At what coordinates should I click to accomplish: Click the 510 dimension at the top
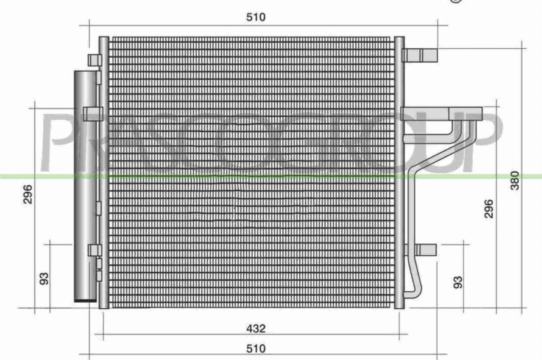(x=255, y=17)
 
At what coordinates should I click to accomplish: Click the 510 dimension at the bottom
(x=255, y=348)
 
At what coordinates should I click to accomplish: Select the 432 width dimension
(x=255, y=329)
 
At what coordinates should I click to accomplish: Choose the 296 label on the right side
(x=489, y=208)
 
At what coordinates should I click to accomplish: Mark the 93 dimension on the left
(x=43, y=279)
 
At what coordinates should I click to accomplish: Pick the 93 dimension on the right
(x=458, y=281)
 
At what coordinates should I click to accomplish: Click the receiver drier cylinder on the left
(x=85, y=181)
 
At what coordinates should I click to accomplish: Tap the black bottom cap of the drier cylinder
(x=85, y=298)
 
